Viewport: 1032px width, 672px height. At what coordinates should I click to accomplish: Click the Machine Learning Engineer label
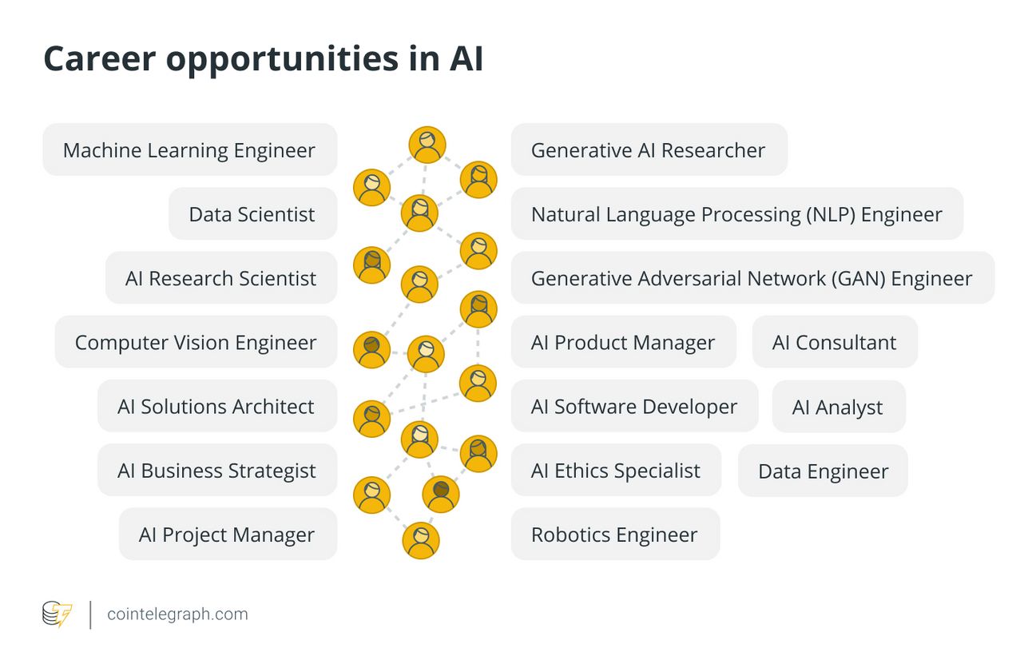(189, 149)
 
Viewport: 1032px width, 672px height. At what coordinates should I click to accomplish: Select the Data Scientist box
(253, 213)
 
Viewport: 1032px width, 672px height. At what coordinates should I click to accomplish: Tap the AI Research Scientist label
(220, 278)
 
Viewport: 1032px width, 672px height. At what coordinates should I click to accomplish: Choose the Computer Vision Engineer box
(196, 341)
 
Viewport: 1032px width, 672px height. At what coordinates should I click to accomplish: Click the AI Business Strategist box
(217, 470)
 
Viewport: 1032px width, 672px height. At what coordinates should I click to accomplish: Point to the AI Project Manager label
(227, 535)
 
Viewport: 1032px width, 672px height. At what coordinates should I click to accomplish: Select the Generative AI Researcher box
(649, 149)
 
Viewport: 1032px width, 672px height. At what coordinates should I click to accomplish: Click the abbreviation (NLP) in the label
(831, 214)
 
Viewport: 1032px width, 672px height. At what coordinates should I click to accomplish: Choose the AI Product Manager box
(623, 341)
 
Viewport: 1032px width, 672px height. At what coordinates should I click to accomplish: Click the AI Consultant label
(835, 343)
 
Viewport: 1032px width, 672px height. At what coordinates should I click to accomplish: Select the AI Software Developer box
(634, 406)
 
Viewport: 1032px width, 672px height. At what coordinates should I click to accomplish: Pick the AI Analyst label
(838, 407)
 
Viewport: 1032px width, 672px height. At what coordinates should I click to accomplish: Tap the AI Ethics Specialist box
(616, 470)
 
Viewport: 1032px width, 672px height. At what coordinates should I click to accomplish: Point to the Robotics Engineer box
(616, 534)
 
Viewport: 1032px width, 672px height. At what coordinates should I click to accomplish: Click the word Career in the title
(100, 58)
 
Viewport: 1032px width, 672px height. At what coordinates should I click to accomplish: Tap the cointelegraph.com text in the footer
(177, 614)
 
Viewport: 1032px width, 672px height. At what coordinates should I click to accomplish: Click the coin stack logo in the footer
(58, 614)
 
